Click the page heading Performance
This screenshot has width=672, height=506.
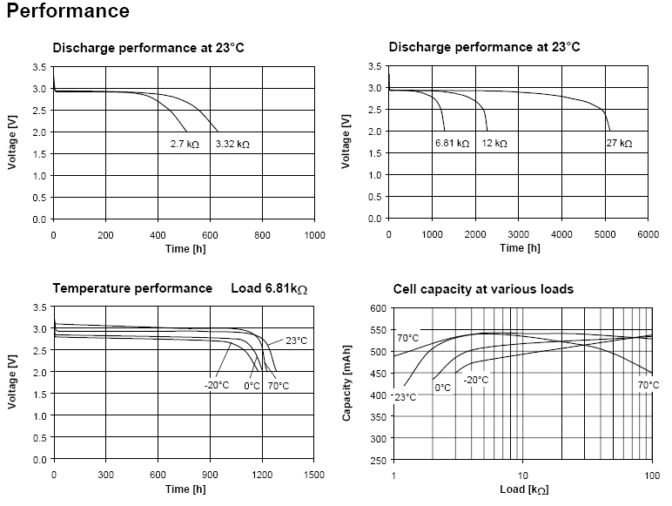coord(68,11)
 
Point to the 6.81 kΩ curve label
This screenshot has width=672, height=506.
coord(453,142)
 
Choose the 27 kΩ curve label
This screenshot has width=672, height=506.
coord(620,142)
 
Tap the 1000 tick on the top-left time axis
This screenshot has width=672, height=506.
coord(314,235)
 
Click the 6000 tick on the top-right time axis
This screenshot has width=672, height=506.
coord(648,235)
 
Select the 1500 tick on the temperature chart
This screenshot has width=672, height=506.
coord(314,475)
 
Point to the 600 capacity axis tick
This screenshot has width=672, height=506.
coord(377,308)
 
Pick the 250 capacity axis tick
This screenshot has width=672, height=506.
coord(377,460)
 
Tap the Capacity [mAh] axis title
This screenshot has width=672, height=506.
coord(346,383)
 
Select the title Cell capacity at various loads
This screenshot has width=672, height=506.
coord(483,288)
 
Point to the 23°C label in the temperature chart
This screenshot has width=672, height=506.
coord(297,341)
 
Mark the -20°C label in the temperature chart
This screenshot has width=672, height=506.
coord(217,385)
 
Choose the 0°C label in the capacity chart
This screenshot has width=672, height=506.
coord(442,388)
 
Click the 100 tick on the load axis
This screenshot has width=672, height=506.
coord(651,476)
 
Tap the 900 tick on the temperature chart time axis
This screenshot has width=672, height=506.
coord(210,475)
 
